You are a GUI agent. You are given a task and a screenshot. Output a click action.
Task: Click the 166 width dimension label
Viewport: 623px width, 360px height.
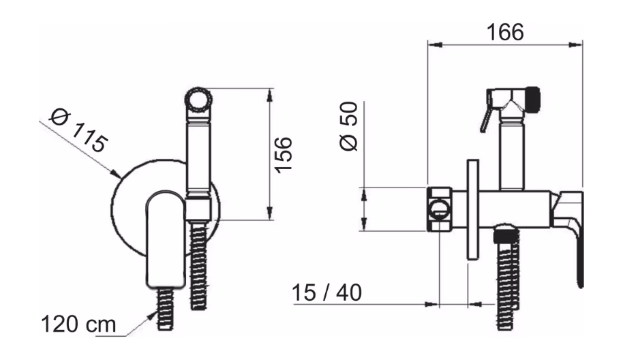[x=505, y=32]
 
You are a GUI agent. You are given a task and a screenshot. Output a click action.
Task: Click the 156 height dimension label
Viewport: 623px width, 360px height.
[x=284, y=155]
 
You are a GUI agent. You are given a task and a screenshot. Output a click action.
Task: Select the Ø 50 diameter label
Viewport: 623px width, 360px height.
[x=349, y=126]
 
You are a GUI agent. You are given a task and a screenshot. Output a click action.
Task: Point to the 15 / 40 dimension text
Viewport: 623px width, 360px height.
[x=327, y=293]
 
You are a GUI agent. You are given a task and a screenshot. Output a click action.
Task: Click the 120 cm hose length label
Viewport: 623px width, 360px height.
[x=78, y=325]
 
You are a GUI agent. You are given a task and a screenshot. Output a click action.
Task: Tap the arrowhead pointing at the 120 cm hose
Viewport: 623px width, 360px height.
[x=152, y=316]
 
